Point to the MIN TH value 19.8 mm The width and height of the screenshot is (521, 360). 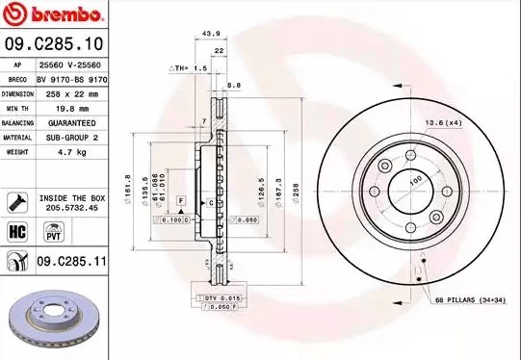coord(60,109)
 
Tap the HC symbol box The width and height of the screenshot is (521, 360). coord(16,232)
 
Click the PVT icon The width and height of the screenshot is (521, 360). coord(55,232)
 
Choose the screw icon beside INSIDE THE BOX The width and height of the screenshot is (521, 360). coord(16,202)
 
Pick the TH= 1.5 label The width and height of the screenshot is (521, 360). coord(188,68)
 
